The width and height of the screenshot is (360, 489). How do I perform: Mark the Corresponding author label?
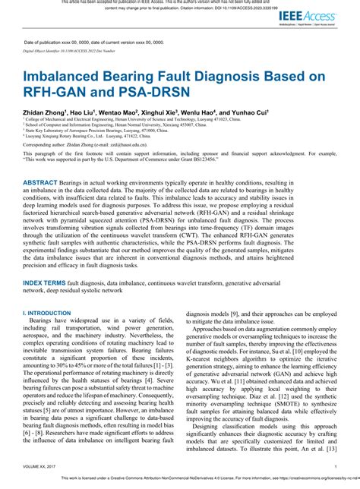pyautogui.click(x=46, y=144)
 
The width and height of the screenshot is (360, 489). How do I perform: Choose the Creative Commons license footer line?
pyautogui.click(x=180, y=480)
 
